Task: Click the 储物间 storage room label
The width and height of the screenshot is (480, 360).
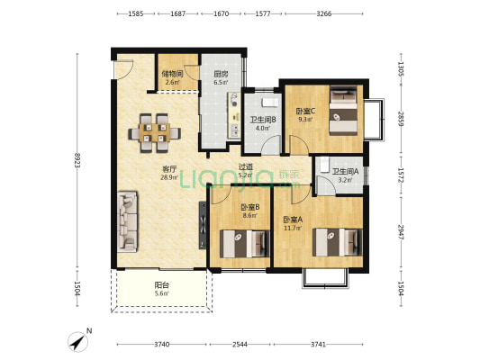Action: [x=172, y=74]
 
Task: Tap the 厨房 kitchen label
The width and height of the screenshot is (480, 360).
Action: [x=221, y=75]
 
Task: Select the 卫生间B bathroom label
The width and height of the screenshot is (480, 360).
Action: [x=263, y=120]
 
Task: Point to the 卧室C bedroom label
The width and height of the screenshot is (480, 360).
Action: [x=305, y=111]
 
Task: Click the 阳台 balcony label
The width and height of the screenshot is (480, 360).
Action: [x=161, y=285]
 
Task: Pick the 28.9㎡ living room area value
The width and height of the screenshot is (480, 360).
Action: [x=169, y=177]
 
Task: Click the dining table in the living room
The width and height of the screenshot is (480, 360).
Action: [x=155, y=133]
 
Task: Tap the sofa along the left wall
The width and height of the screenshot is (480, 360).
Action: [x=127, y=221]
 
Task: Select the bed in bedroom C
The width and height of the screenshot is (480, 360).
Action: [x=343, y=111]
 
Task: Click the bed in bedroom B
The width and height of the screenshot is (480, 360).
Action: [x=245, y=244]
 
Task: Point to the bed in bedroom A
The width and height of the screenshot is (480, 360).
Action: [x=337, y=242]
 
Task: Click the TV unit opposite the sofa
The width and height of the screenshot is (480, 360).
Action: [x=203, y=225]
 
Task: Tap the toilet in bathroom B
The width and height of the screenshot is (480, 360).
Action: [x=269, y=103]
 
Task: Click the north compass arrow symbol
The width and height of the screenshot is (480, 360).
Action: [x=77, y=342]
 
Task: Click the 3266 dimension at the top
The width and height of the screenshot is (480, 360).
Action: [x=324, y=13]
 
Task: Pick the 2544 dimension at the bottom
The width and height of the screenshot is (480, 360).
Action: [x=240, y=345]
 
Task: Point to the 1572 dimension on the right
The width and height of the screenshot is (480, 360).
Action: [x=401, y=175]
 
